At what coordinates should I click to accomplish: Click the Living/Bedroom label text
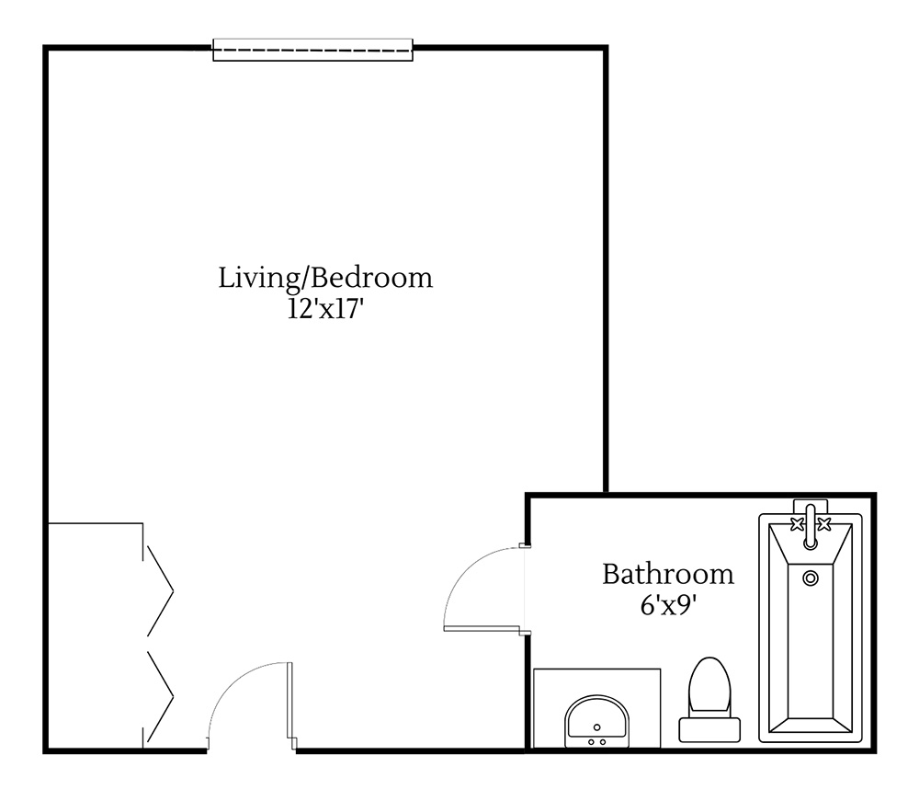[324, 278]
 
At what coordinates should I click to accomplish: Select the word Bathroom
[668, 575]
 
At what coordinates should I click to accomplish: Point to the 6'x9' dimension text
[667, 606]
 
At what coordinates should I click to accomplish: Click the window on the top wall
[312, 50]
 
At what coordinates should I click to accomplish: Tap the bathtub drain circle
[810, 578]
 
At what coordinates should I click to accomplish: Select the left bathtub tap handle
[795, 525]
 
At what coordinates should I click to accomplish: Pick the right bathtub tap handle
[824, 525]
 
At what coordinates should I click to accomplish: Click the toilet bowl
[709, 685]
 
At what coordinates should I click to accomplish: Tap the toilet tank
[709, 729]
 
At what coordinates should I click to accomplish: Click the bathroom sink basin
[596, 719]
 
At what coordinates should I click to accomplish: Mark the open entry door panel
[290, 704]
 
